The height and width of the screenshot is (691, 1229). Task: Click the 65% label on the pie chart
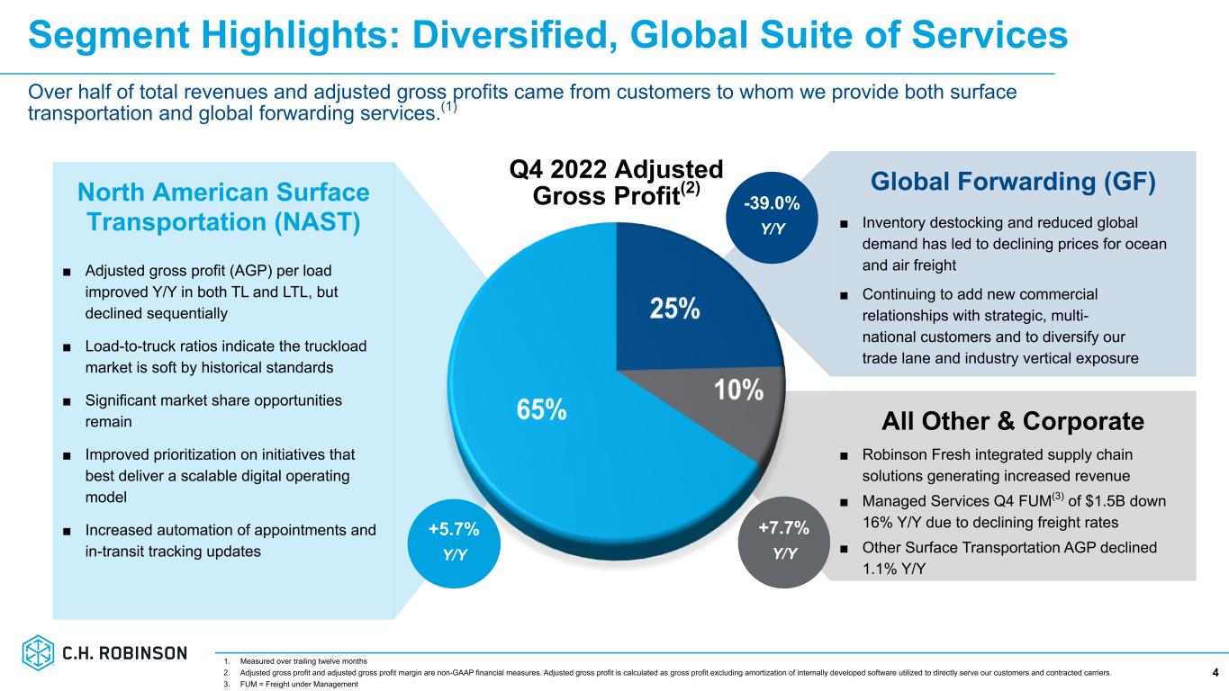(541, 409)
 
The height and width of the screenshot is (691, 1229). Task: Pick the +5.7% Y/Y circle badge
(454, 539)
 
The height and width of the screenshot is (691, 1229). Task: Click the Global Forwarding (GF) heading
(1013, 182)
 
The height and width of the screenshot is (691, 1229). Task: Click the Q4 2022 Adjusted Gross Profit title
(617, 184)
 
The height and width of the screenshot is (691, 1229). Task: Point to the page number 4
(1215, 672)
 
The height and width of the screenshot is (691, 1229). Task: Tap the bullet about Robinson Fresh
(997, 463)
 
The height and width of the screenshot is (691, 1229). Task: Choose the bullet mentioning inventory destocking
(1013, 244)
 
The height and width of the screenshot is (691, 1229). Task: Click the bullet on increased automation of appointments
(230, 541)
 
